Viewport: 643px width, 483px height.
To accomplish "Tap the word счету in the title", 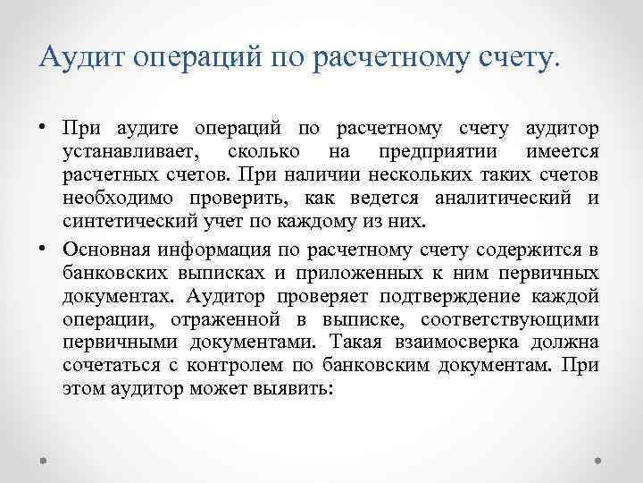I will point(518,58).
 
